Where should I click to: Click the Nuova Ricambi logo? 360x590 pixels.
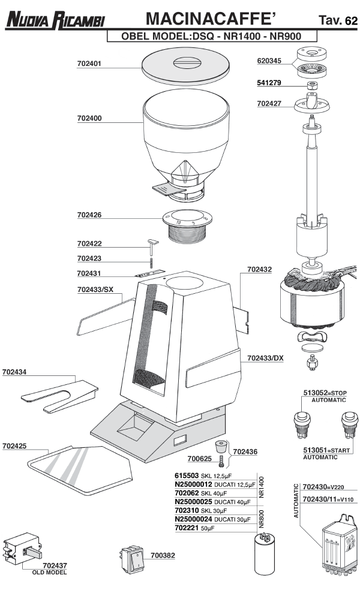tap(55, 20)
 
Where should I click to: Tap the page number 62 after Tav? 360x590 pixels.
tap(351, 22)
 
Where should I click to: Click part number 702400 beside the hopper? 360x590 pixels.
tap(89, 118)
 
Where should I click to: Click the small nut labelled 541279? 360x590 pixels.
tap(313, 85)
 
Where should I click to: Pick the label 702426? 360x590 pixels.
tap(89, 214)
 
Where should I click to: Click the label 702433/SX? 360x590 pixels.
tap(95, 290)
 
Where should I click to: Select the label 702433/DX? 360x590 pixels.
tap(265, 358)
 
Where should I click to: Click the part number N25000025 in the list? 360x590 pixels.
tap(193, 501)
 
